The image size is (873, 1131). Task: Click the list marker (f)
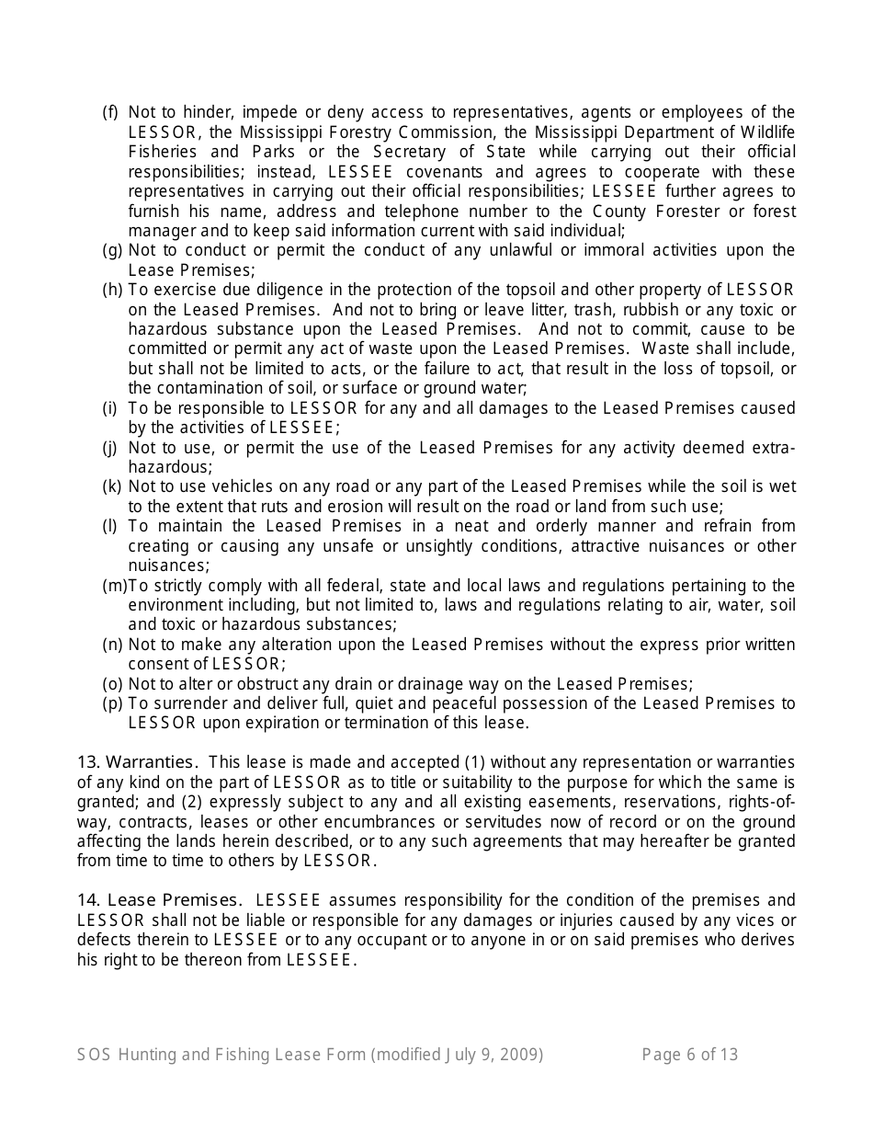pos(110,112)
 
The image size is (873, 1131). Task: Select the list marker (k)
pos(111,486)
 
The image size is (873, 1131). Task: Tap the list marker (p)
pos(111,703)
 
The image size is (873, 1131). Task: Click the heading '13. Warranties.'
pos(137,761)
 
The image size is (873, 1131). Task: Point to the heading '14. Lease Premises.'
pos(160,899)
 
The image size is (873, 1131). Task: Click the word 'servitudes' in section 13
pos(501,820)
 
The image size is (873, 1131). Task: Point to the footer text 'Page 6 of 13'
pos(689,1055)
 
